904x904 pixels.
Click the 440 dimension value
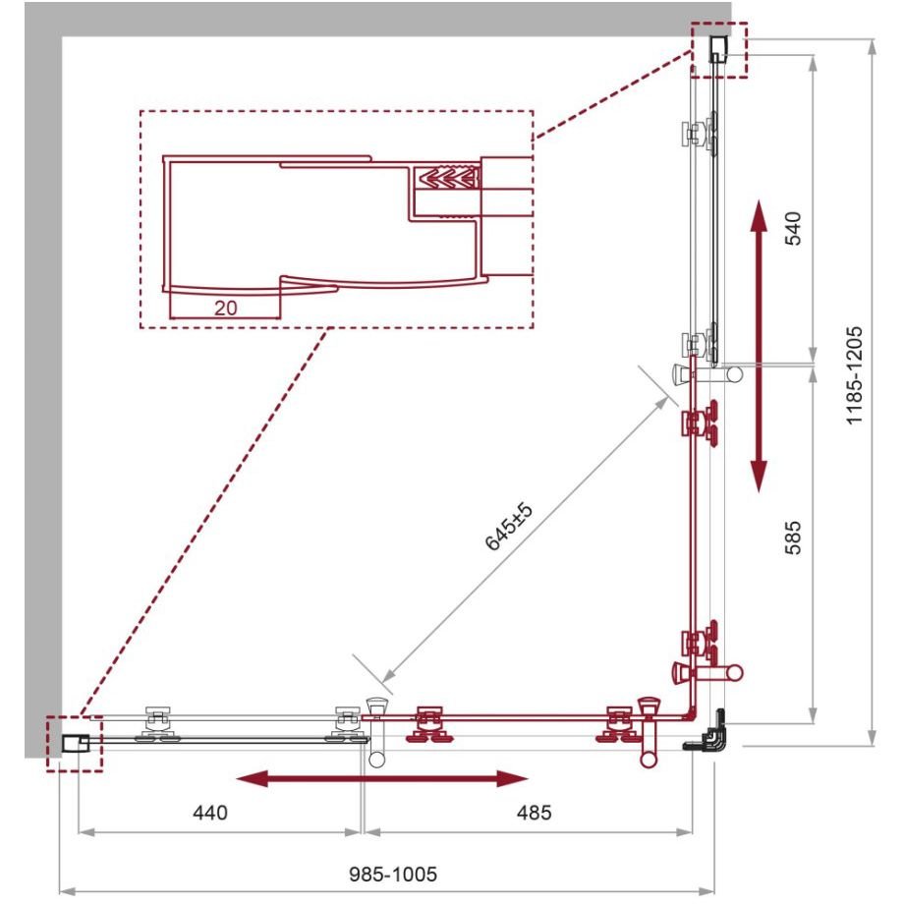tap(210, 813)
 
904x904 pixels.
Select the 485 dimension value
tap(534, 813)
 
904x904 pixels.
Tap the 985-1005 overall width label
tap(393, 874)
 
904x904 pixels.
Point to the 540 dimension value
tap(793, 228)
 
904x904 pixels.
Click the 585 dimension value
tap(793, 537)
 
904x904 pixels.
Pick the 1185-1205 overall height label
tap(854, 375)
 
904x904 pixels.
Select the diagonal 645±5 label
tap(509, 527)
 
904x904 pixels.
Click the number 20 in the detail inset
tap(225, 308)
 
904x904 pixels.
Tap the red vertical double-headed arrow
tap(760, 347)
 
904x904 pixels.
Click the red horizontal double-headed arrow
tap(382, 779)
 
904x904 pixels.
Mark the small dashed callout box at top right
tap(719, 49)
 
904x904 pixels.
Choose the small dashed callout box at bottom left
tap(75, 743)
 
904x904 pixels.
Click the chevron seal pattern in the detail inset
tap(449, 177)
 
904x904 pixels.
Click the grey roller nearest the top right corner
tap(699, 134)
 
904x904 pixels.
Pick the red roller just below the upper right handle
tap(699, 424)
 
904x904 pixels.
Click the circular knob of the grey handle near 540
tap(735, 373)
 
